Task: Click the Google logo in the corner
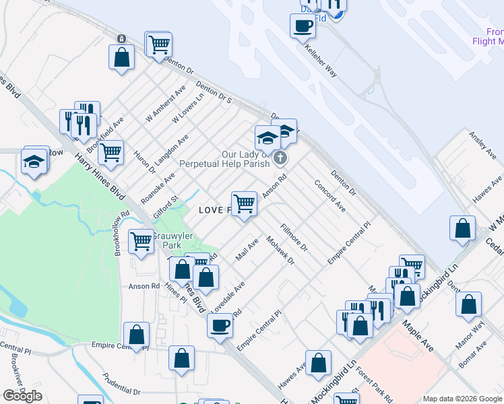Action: pyautogui.click(x=22, y=396)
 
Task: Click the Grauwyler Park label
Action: pyautogui.click(x=172, y=240)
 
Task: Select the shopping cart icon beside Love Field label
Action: pyautogui.click(x=244, y=203)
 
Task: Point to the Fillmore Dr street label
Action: pyautogui.click(x=294, y=237)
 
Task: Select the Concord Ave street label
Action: pyautogui.click(x=329, y=195)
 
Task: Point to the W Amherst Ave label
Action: pyautogui.click(x=166, y=103)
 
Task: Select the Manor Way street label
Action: pyautogui.click(x=474, y=331)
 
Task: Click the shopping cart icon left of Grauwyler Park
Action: pyautogui.click(x=141, y=240)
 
